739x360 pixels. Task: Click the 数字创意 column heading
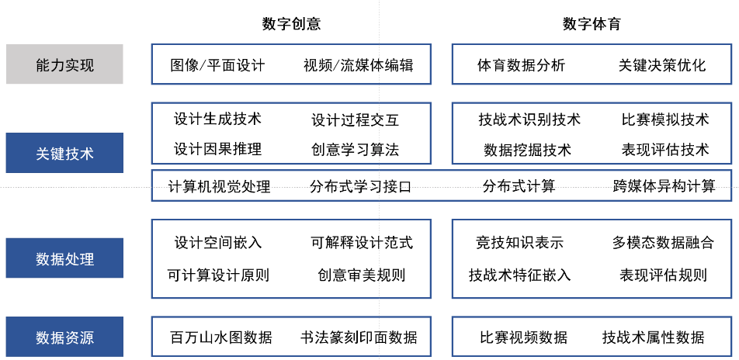(x=291, y=24)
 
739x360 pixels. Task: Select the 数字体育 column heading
(x=592, y=24)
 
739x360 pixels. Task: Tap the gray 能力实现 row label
(x=64, y=64)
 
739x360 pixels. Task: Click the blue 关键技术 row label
(x=64, y=153)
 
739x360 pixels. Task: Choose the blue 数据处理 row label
(x=64, y=258)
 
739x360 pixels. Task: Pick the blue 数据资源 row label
(x=64, y=337)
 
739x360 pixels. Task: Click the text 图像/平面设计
(x=217, y=64)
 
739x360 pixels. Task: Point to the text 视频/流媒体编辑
(x=358, y=64)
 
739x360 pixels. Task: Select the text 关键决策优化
(x=662, y=64)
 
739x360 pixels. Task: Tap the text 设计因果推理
(x=217, y=149)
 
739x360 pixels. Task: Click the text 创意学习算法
(x=355, y=150)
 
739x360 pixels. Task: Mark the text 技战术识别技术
(x=529, y=119)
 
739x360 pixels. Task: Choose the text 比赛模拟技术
(x=665, y=119)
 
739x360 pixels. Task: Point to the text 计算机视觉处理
(x=219, y=186)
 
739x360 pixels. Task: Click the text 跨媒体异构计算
(x=664, y=185)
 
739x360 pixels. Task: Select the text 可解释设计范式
(x=362, y=243)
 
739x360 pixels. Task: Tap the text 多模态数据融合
(x=663, y=243)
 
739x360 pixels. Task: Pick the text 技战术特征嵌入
(x=519, y=274)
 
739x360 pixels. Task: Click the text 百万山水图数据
(x=220, y=337)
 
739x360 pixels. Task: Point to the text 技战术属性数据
(x=654, y=337)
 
